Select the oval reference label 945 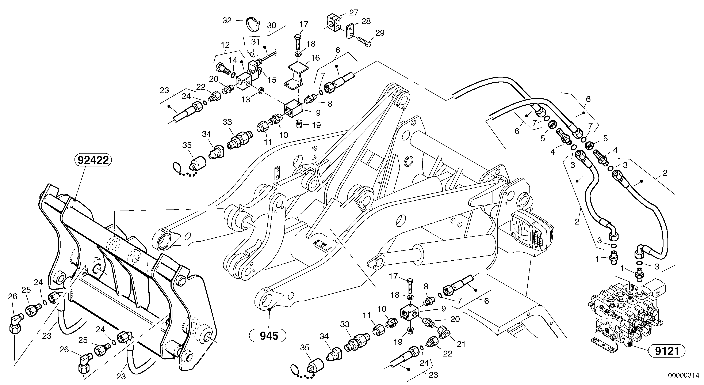tap(269, 336)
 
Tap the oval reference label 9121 tap(667, 351)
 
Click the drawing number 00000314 tap(685, 375)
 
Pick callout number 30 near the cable tap(271, 26)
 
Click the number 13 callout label tap(245, 99)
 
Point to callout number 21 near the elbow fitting tap(461, 344)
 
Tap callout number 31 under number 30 tap(255, 42)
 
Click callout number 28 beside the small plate tap(366, 21)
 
